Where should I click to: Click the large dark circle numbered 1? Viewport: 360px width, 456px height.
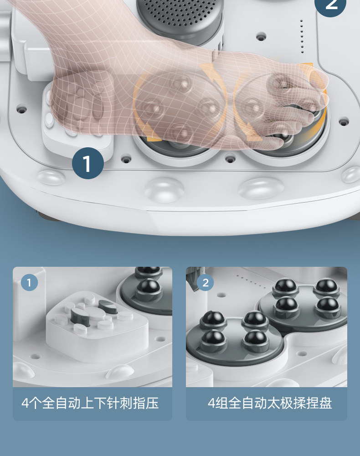(88, 163)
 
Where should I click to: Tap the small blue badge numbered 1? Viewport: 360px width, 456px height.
(29, 282)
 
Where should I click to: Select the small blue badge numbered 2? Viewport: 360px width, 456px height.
(206, 282)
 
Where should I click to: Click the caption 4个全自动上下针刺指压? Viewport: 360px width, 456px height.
(90, 404)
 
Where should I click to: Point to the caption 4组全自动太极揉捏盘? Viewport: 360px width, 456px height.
(270, 404)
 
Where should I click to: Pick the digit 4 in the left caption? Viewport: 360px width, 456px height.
(25, 404)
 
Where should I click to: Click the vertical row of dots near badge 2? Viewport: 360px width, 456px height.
(302, 36)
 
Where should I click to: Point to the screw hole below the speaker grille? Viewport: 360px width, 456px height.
(261, 36)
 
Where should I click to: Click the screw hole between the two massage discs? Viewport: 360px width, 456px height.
(230, 159)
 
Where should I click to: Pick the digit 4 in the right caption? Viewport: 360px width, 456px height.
(211, 404)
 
